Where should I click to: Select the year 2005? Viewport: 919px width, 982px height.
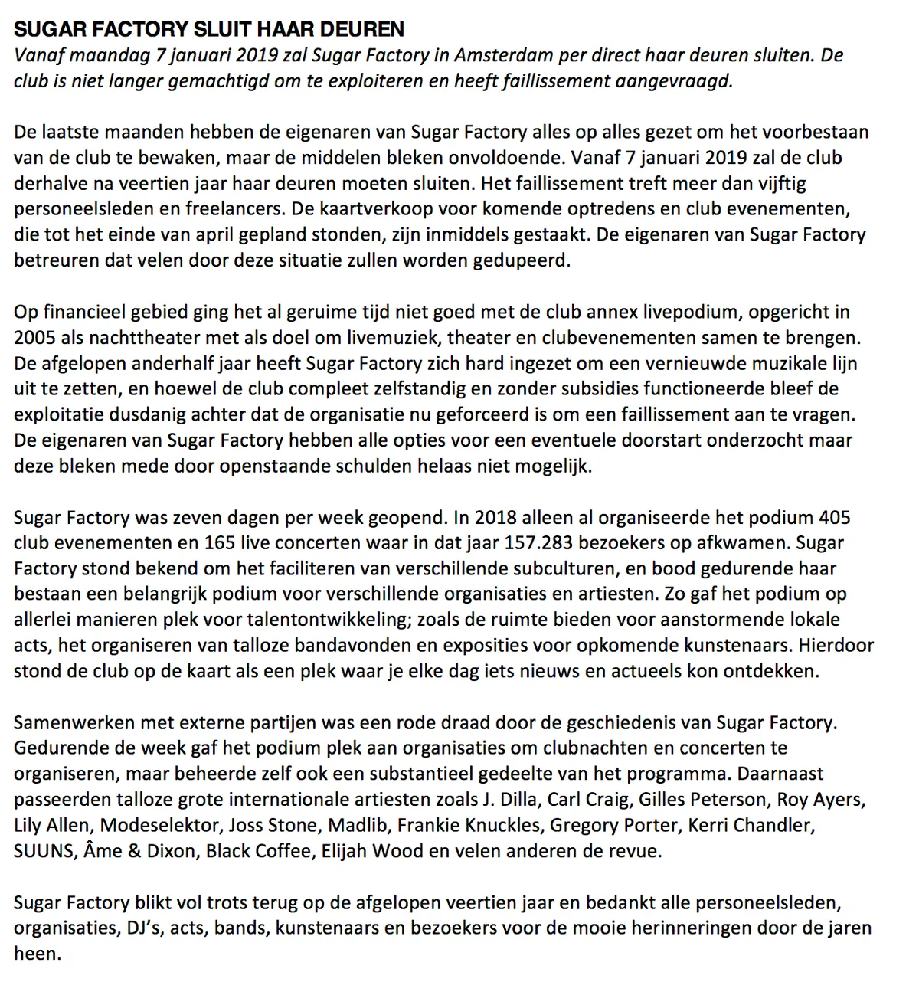pyautogui.click(x=35, y=337)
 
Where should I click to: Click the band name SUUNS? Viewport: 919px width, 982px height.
pyautogui.click(x=42, y=850)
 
